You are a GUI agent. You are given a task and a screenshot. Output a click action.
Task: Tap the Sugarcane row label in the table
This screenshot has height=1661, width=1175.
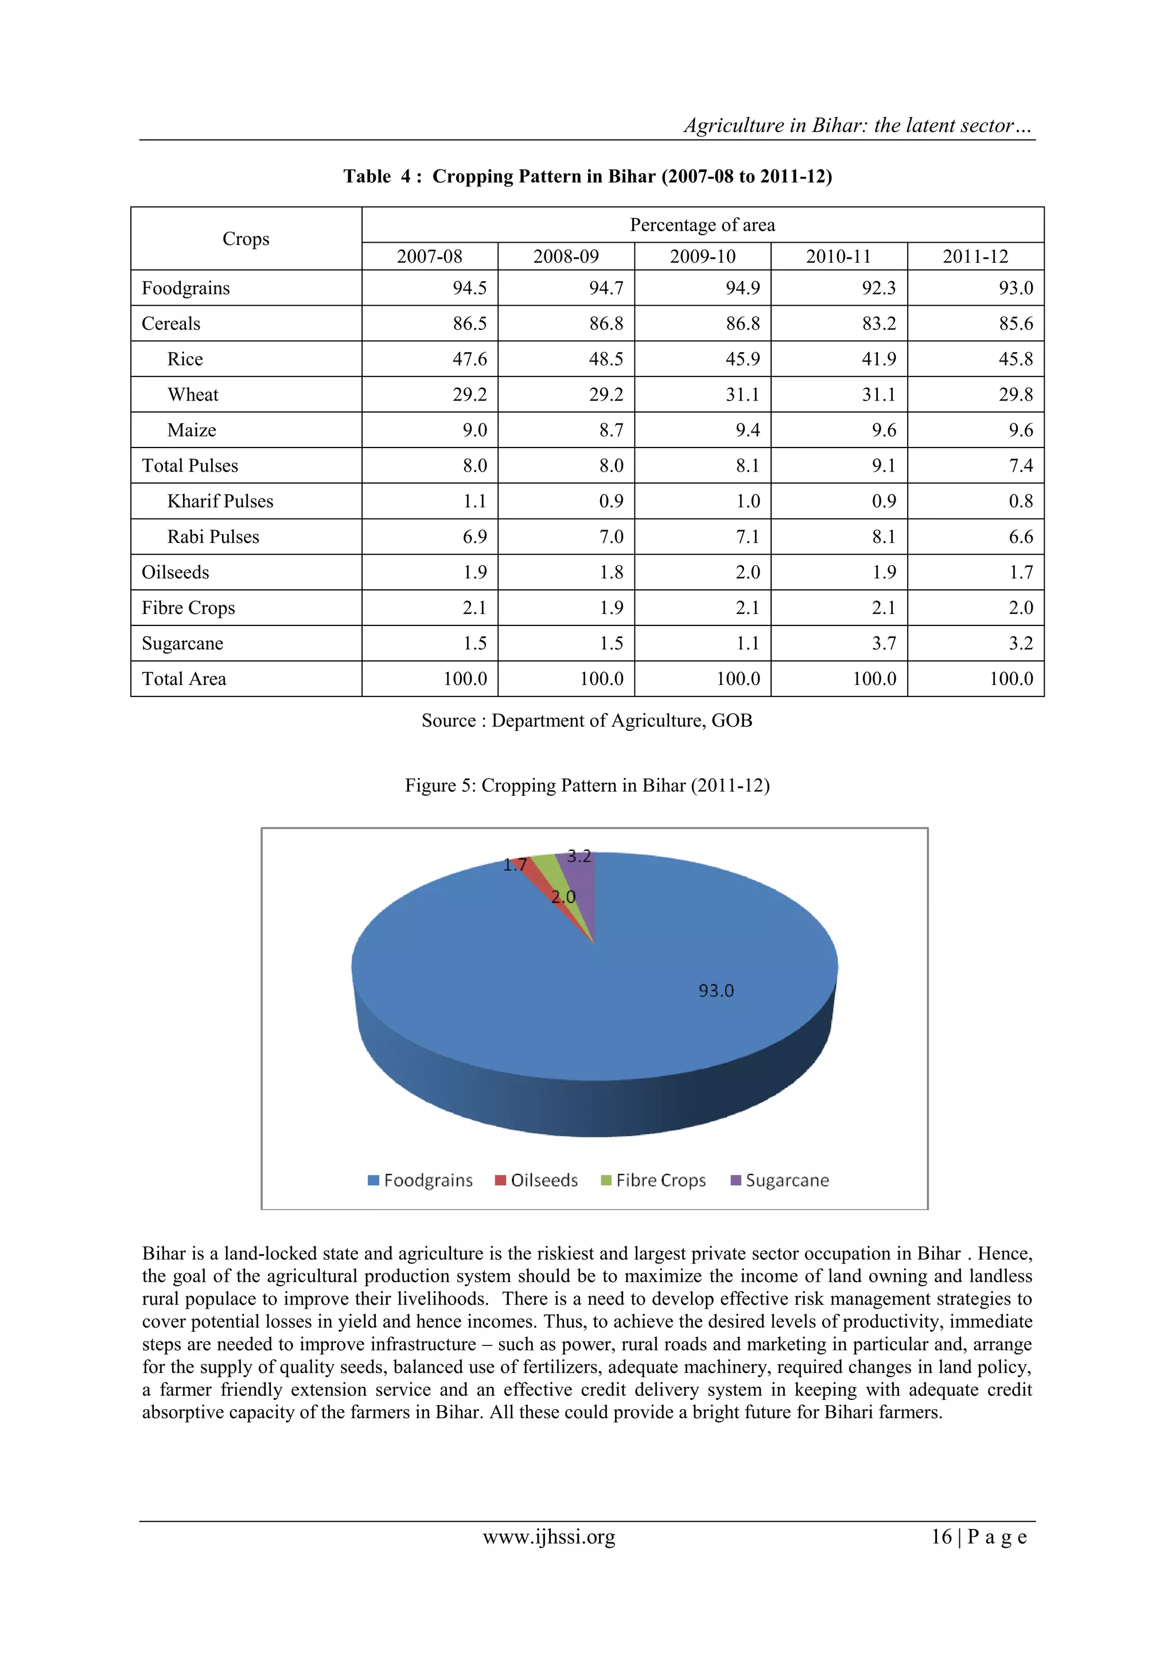[x=182, y=643]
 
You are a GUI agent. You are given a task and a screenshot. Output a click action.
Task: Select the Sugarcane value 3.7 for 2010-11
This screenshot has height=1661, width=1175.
[x=884, y=643]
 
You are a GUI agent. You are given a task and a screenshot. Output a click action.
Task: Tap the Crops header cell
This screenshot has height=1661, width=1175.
[x=246, y=239]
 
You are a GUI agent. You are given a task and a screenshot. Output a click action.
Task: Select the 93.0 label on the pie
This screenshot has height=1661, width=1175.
[x=715, y=990]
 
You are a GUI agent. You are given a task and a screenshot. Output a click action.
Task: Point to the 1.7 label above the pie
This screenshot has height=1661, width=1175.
[x=515, y=865]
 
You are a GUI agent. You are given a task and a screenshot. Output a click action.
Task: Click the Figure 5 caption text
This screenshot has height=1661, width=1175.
[x=587, y=785]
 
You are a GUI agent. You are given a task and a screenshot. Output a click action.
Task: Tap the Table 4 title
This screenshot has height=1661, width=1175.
[x=587, y=177]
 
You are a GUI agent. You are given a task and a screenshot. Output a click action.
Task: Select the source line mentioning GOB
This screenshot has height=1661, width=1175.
[x=587, y=721]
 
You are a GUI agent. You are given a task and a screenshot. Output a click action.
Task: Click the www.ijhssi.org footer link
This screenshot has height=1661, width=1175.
[x=548, y=1537]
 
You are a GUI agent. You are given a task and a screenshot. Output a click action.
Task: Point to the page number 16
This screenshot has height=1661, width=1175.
[x=940, y=1537]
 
